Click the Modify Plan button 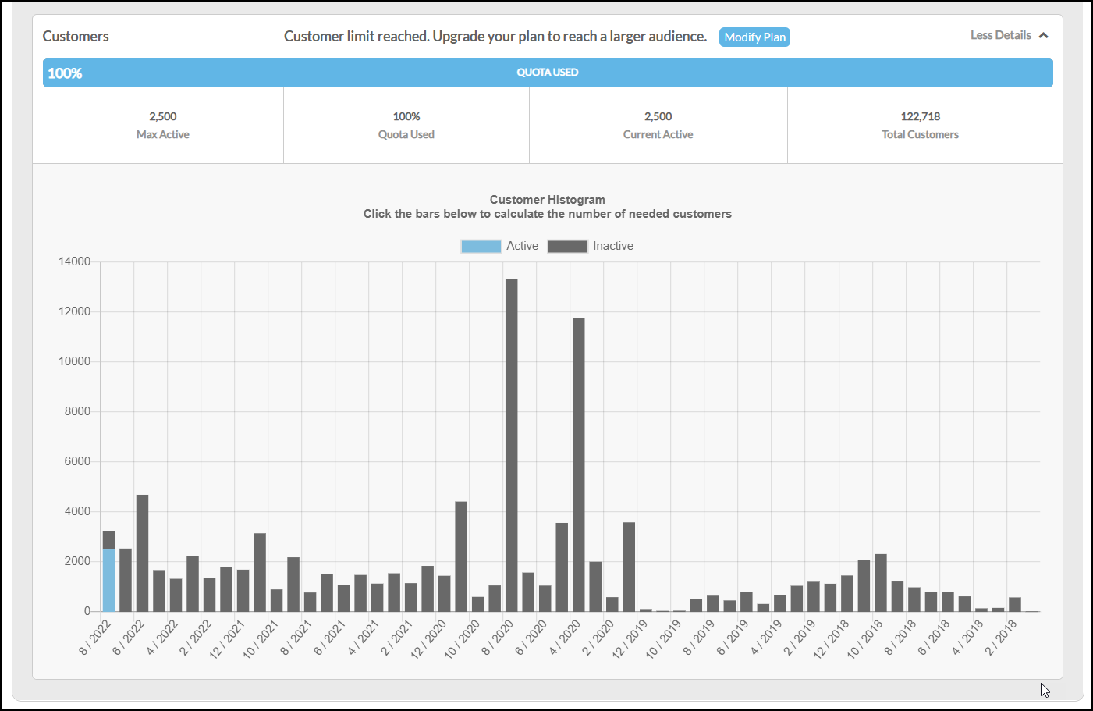pyautogui.click(x=754, y=37)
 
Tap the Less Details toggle pyautogui.click(x=1009, y=35)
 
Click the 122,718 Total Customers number pyautogui.click(x=921, y=116)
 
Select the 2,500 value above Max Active pyautogui.click(x=163, y=116)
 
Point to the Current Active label pyautogui.click(x=658, y=134)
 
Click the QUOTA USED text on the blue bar pyautogui.click(x=548, y=73)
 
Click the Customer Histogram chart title pyautogui.click(x=548, y=200)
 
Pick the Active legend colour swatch pyautogui.click(x=481, y=247)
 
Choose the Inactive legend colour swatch pyautogui.click(x=567, y=247)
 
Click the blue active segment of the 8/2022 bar pyautogui.click(x=108, y=580)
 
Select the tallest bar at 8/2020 pyautogui.click(x=511, y=445)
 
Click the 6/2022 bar pyautogui.click(x=143, y=553)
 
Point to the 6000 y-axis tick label pyautogui.click(x=77, y=461)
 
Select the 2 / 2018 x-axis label pyautogui.click(x=1001, y=638)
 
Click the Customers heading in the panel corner pyautogui.click(x=76, y=36)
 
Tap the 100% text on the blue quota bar pyautogui.click(x=65, y=73)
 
